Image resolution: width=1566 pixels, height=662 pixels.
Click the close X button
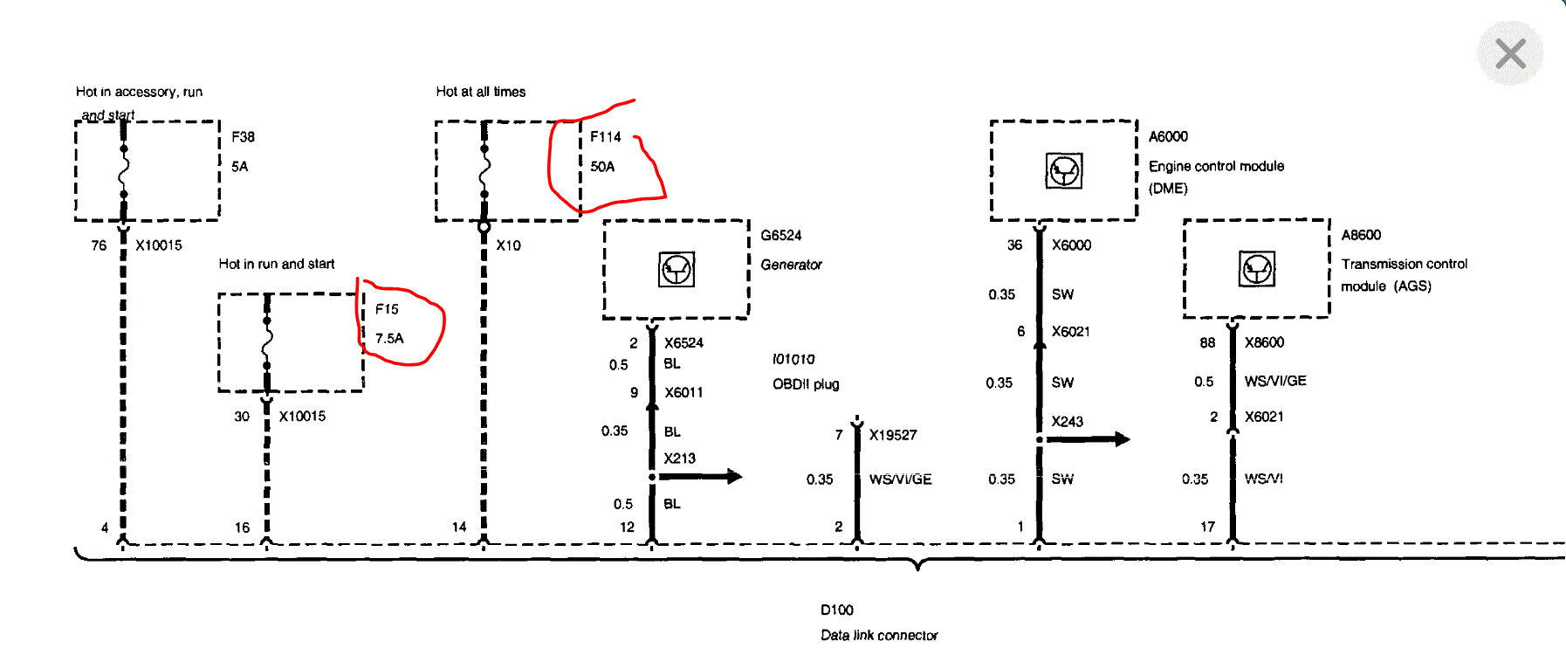tap(1510, 53)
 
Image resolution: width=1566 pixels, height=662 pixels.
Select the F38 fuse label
tap(243, 137)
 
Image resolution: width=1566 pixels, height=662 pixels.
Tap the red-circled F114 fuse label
tap(605, 137)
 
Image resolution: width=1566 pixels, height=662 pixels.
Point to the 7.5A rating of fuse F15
tap(389, 339)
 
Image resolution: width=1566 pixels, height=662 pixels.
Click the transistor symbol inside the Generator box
tap(677, 270)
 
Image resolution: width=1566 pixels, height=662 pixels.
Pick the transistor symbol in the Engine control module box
tap(1064, 170)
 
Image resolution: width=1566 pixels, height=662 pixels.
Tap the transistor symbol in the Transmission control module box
tap(1257, 268)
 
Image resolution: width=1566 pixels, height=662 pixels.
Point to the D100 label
tap(836, 610)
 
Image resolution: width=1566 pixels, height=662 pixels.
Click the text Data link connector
tap(878, 636)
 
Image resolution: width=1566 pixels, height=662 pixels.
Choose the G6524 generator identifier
tap(780, 236)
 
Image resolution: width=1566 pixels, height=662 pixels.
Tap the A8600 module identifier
tap(1361, 235)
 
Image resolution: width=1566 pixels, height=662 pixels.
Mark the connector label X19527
tap(892, 435)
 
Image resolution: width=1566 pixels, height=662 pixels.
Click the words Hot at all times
tap(480, 92)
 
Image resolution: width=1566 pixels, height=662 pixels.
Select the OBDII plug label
tap(805, 384)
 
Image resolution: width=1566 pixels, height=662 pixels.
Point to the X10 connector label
tap(508, 245)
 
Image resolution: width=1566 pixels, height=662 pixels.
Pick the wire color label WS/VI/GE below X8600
tap(1274, 381)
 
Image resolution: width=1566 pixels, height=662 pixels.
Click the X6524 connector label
tap(683, 343)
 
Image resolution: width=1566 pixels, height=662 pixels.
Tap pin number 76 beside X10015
tap(99, 245)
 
